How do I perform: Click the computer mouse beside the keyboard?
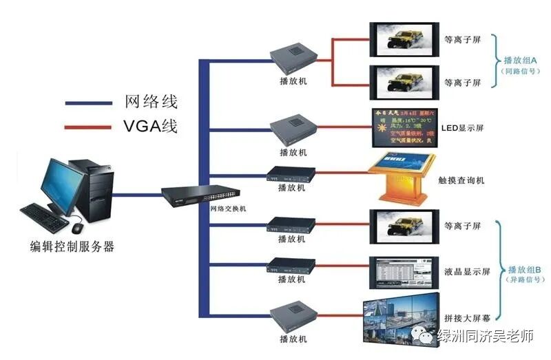point(77,227)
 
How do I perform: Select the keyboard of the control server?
point(43,218)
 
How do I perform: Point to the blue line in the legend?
point(89,103)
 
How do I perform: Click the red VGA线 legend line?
point(89,127)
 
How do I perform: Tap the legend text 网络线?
point(151,102)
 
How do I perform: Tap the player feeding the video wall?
point(293,319)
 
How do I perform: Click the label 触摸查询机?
point(461,180)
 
